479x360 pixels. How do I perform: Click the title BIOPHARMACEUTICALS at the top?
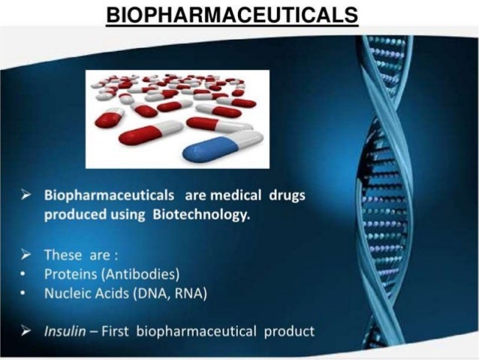[232, 16]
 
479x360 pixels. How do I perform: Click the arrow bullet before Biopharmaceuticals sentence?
[27, 196]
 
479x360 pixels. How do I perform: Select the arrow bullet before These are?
[27, 253]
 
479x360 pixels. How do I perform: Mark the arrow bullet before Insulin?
[27, 331]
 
